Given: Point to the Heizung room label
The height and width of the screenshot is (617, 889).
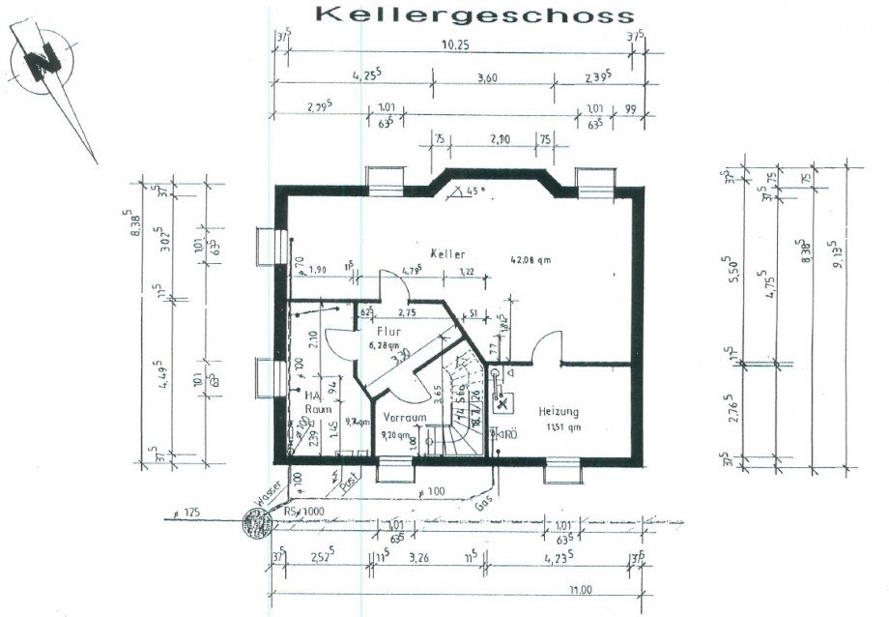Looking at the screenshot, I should (559, 410).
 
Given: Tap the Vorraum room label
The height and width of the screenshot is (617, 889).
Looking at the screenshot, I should (404, 417).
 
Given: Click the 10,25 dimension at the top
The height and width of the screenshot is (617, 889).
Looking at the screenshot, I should (457, 44).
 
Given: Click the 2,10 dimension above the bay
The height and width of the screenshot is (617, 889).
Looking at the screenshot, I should (501, 138).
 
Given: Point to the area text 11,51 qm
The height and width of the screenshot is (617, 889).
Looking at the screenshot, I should (561, 426).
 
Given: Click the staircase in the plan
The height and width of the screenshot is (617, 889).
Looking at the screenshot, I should (459, 406).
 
